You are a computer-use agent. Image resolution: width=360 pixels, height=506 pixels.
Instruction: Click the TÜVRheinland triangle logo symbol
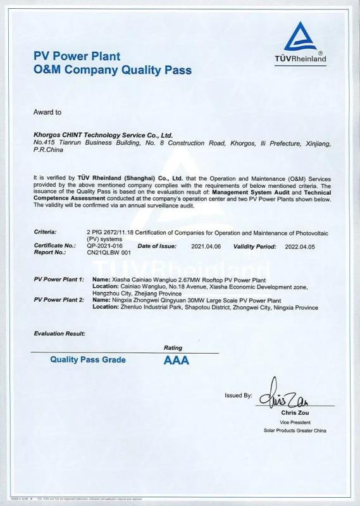[x=301, y=37]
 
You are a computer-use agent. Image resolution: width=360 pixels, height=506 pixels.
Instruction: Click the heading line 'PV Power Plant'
[x=77, y=56]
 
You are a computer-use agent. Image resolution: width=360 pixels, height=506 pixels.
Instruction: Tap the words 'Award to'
[x=47, y=112]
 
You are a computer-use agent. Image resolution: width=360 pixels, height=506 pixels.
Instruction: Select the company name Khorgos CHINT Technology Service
[x=102, y=135]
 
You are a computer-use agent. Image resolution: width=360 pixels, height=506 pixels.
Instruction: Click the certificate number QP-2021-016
[x=101, y=245]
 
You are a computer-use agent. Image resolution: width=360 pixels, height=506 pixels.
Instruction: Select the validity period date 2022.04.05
[x=300, y=245]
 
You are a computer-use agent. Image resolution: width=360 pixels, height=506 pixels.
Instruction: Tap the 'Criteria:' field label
[x=46, y=232]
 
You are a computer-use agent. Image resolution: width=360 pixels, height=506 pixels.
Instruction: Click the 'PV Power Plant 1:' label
[x=59, y=279]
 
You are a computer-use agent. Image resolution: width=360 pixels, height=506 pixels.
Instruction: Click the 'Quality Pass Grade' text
[x=88, y=360]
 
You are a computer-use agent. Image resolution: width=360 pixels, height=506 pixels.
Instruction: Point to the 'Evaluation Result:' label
[x=59, y=333]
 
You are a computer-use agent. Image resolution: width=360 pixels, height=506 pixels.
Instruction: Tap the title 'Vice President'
[x=295, y=422]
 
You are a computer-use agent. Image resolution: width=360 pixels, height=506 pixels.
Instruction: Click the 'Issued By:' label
[x=238, y=395]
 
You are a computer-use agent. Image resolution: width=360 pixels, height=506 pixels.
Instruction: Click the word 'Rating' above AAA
[x=173, y=348]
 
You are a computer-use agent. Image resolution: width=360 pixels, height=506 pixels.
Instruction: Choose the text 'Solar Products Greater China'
[x=295, y=430]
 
